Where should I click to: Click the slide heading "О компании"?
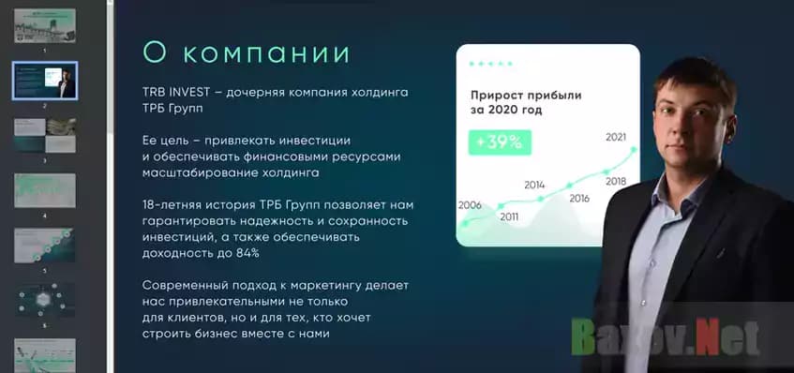tap(246, 52)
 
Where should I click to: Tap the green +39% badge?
tap(501, 142)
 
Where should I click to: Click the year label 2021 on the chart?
tap(616, 137)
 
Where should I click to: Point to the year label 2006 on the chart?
tap(470, 205)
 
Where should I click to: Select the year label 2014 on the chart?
tap(534, 185)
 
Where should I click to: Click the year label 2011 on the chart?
tap(509, 217)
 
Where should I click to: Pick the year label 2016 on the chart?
tap(578, 198)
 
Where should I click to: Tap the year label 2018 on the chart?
tap(616, 181)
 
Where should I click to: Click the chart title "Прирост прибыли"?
tap(526, 95)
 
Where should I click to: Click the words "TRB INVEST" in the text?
tap(174, 94)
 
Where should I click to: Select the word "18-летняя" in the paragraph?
tap(171, 204)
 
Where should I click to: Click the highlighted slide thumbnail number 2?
tap(44, 82)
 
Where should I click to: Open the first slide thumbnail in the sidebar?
tap(44, 26)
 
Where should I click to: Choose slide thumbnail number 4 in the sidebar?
tap(44, 191)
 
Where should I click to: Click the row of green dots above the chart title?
tap(490, 64)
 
